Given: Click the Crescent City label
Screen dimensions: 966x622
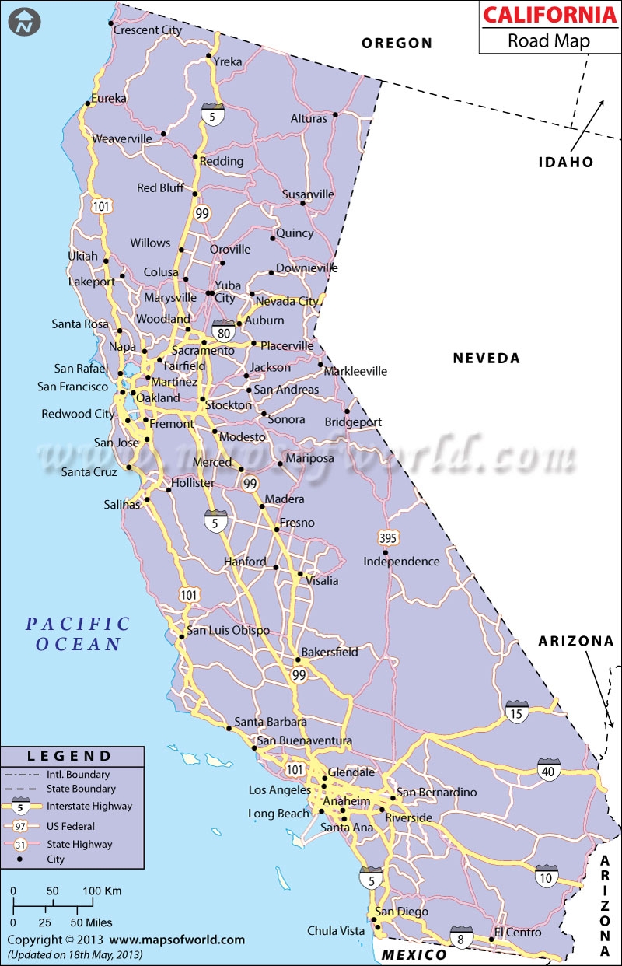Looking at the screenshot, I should [147, 30].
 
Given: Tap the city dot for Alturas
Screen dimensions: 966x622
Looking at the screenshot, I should [335, 115].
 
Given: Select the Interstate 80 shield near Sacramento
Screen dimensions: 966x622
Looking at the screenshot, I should [223, 332].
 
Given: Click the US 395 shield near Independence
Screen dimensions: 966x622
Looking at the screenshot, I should [389, 537].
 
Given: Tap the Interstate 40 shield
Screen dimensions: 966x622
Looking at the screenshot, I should [548, 768].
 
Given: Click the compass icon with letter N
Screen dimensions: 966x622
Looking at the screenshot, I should [26, 23].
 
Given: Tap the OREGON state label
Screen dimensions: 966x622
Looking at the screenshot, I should [397, 44].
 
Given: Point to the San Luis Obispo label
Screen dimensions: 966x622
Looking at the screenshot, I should [228, 630].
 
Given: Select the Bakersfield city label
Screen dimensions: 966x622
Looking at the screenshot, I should [330, 652].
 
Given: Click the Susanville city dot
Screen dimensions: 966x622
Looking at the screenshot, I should [303, 204].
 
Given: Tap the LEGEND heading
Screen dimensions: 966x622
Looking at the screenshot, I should [70, 755].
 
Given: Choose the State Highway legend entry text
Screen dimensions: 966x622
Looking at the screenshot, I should [79, 844].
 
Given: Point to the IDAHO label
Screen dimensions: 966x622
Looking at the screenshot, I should [566, 162].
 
